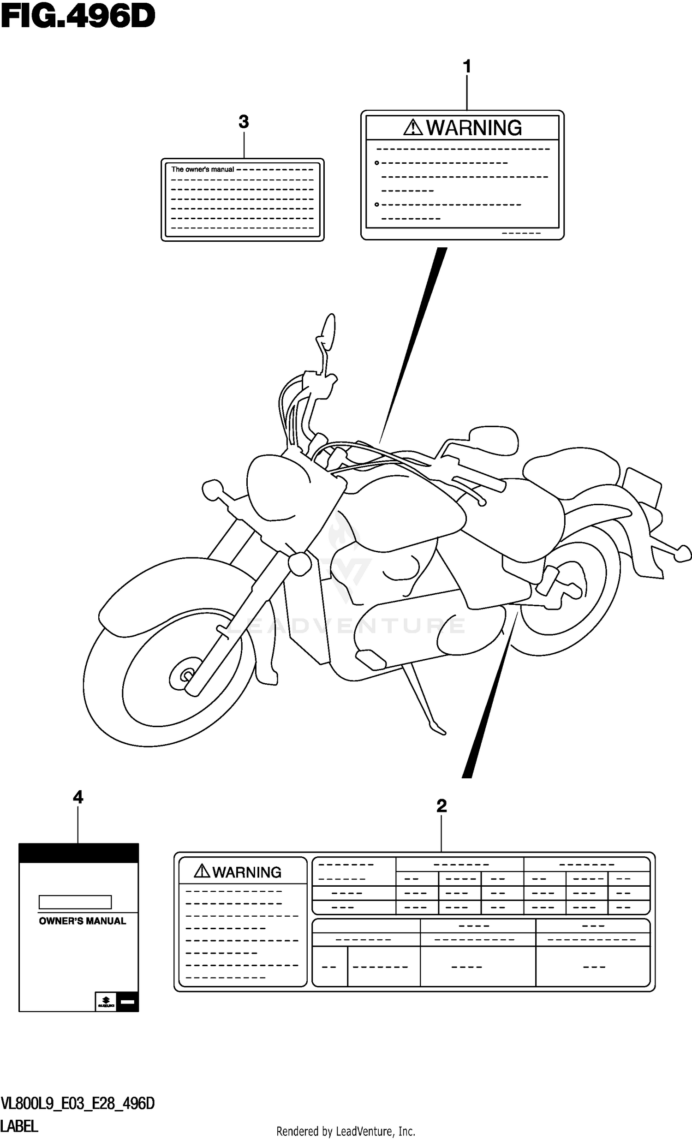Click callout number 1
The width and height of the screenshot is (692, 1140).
[x=467, y=66]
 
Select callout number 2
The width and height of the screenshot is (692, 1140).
[x=441, y=806]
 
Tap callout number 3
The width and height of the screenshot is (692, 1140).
[x=243, y=122]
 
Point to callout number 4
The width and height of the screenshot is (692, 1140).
[x=78, y=797]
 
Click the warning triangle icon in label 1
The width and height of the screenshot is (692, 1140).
[x=412, y=127]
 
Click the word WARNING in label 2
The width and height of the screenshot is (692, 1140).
[x=246, y=872]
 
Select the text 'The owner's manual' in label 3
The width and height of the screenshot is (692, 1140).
[x=203, y=169]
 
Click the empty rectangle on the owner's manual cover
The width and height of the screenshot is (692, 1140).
[x=75, y=902]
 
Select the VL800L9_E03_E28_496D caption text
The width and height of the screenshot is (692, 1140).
[x=77, y=1104]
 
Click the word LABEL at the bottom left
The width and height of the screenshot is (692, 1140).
[x=19, y=1126]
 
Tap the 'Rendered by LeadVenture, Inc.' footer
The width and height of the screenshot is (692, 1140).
[x=346, y=1132]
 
